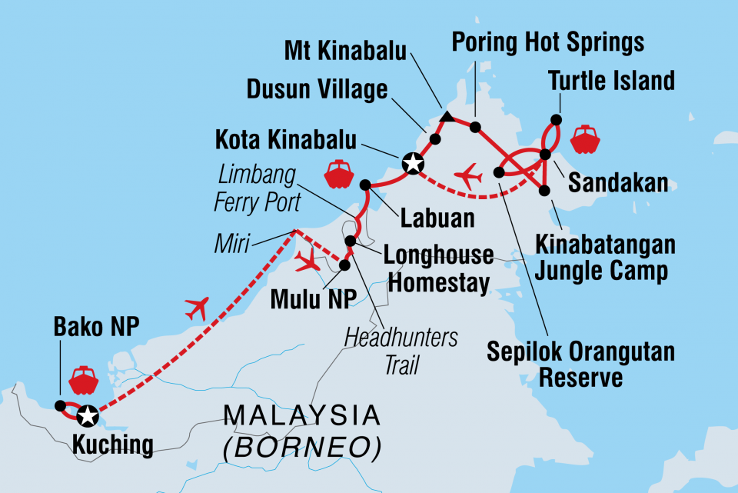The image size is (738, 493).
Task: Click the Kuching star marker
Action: [x=88, y=416]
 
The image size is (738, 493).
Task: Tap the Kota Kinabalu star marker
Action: [x=413, y=162]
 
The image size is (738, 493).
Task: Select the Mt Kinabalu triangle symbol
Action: [x=447, y=118]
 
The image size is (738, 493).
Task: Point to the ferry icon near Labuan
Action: [x=338, y=175]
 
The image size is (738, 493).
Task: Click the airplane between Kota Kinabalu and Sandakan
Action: [x=468, y=177]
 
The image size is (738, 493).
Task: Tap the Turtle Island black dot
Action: [x=556, y=120]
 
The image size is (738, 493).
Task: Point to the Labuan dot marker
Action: [x=365, y=185]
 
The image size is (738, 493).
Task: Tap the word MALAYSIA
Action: [x=301, y=416]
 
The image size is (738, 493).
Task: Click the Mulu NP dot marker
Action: [x=344, y=265]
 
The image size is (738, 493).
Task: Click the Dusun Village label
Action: [x=317, y=91]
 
